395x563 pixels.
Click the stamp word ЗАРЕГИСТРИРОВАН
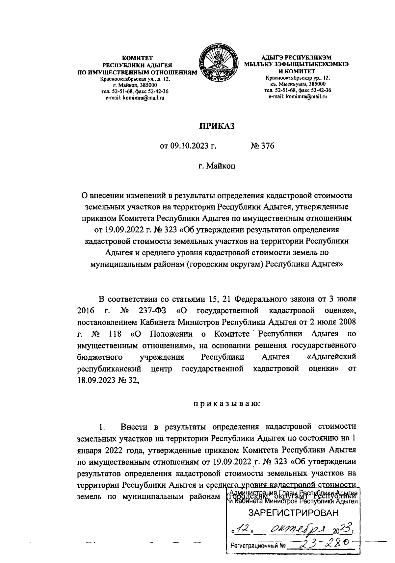pos(293,513)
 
